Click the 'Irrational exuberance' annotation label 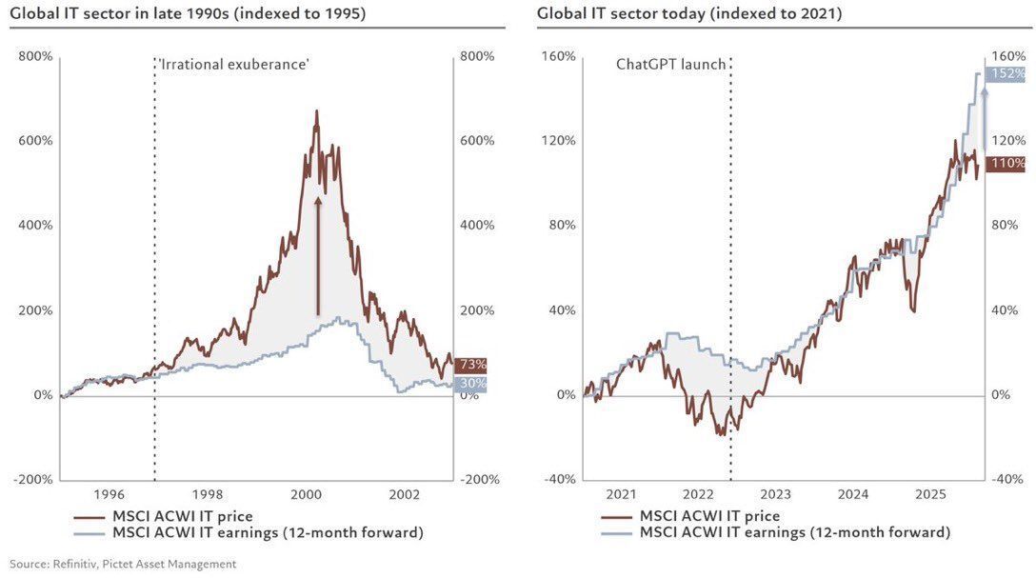pos(234,64)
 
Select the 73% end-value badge pos(470,365)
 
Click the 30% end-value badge pos(470,384)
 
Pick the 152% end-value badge pos(1006,74)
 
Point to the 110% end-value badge pos(1006,164)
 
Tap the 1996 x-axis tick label pos(109,495)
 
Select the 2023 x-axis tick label pos(775,495)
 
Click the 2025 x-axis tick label pos(929,495)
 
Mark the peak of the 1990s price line pos(316,111)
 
